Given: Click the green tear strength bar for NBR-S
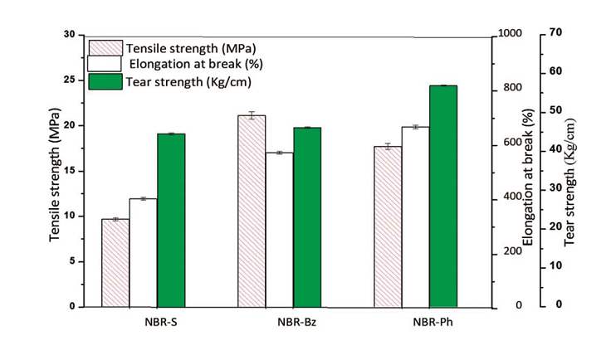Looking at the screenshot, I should [x=171, y=220].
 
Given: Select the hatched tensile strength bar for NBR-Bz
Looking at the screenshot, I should [x=252, y=212].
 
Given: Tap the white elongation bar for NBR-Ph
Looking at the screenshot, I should [x=415, y=216].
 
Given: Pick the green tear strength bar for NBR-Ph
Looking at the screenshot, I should [x=443, y=196].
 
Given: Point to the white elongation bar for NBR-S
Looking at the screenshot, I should [x=144, y=252].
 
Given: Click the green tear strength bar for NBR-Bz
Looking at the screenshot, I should [x=307, y=216].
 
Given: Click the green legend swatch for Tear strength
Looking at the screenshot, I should [x=105, y=81].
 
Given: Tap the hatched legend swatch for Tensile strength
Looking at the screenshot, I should [x=105, y=46].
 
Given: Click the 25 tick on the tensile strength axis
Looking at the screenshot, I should [x=69, y=80].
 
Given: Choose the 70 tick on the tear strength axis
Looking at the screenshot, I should [x=555, y=33].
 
